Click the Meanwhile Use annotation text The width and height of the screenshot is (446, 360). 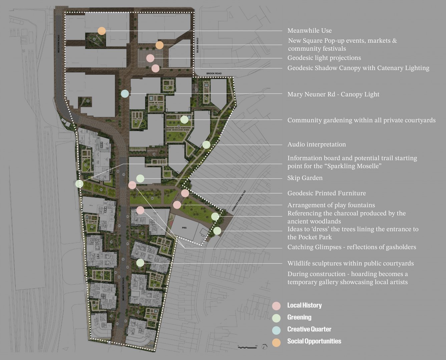(x=310, y=31)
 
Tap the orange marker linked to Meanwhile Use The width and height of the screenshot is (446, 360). (x=102, y=31)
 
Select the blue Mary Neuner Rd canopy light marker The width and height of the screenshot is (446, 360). (x=125, y=94)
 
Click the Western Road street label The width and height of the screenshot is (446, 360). (x=58, y=44)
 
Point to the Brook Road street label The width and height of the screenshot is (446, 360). (x=214, y=73)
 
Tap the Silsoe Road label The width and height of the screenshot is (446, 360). (x=197, y=45)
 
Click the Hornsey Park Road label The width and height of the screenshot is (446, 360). (x=239, y=201)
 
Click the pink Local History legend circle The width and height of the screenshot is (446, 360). (x=276, y=306)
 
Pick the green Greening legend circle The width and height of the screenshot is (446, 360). (x=276, y=318)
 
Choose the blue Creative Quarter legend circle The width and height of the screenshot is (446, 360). (x=276, y=330)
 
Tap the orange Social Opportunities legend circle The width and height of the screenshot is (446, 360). (x=276, y=342)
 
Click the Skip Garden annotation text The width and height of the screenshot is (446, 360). (x=305, y=178)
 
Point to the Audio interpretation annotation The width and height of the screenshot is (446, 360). (x=317, y=145)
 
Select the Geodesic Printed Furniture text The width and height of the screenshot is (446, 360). (x=327, y=193)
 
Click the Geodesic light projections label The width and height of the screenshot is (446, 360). (x=324, y=58)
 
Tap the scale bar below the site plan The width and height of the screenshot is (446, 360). (x=247, y=347)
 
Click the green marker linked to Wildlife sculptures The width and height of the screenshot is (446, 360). (x=140, y=263)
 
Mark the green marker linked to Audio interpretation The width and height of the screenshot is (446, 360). (x=206, y=145)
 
